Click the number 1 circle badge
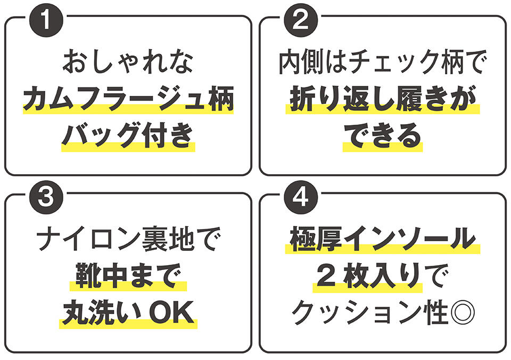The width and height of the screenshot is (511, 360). tap(46, 20)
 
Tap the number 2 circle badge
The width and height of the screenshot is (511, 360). tap(301, 20)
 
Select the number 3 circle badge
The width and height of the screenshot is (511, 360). tap(46, 197)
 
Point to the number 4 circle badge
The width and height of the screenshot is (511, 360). tap(301, 197)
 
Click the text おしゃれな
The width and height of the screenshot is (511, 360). tap(128, 61)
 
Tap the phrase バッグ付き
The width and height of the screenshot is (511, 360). tap(128, 136)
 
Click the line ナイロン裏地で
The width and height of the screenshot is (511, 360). tap(128, 239)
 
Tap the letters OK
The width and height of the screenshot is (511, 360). tap(171, 313)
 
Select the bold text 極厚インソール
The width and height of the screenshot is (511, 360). tap(383, 239)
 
